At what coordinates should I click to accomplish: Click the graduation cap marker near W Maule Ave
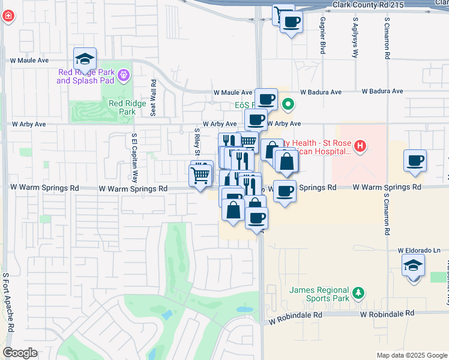tap(85, 59)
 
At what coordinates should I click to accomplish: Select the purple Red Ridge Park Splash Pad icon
tap(124, 76)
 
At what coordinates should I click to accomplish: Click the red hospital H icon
tap(360, 145)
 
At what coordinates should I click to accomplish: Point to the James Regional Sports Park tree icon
tap(358, 292)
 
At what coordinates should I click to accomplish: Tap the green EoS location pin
tap(288, 105)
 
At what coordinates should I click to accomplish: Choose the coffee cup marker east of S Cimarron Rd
tap(415, 161)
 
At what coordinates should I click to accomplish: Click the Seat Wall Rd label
tap(154, 98)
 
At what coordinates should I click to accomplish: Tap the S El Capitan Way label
tap(135, 158)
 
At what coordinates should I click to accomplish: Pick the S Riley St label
tap(196, 139)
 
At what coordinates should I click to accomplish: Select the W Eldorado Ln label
tap(418, 250)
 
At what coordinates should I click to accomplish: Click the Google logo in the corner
tap(20, 353)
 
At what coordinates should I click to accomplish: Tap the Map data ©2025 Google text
tap(411, 355)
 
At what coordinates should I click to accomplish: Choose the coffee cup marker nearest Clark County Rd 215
tap(291, 23)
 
